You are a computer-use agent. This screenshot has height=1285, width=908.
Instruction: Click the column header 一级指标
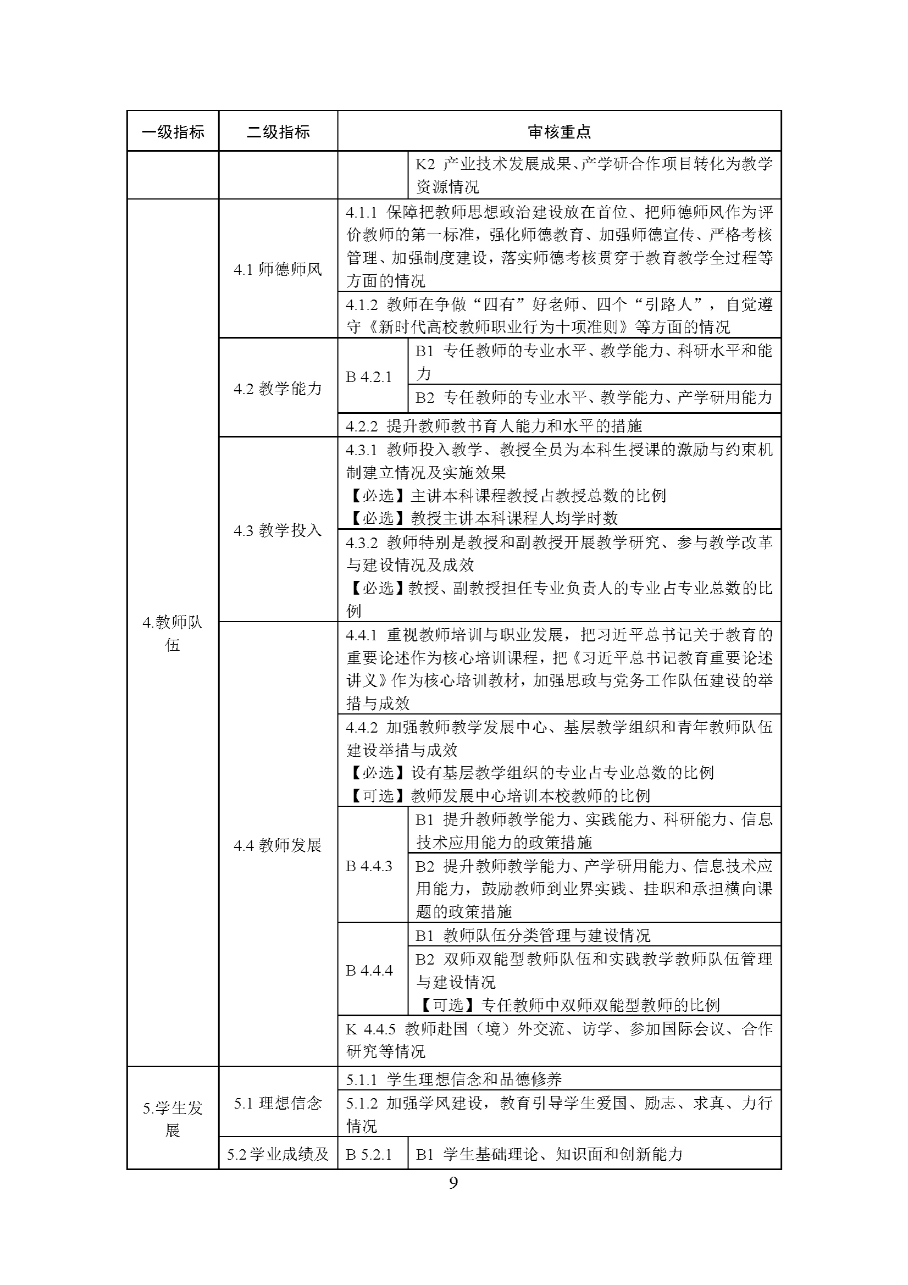pos(173,132)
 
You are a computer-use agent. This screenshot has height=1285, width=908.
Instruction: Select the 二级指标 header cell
pos(278,132)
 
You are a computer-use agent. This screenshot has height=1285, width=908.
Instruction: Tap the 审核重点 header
pos(559,132)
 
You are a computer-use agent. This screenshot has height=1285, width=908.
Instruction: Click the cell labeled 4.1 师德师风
pos(278,270)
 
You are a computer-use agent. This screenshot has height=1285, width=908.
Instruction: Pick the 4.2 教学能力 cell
pos(278,389)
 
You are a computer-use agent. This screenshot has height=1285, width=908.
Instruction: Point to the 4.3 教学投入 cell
pos(278,530)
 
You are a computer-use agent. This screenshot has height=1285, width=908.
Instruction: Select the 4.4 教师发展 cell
pos(278,845)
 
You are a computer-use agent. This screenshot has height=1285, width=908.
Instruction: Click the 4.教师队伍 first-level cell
pos(173,633)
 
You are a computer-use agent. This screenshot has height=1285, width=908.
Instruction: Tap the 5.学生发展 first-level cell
pos(173,1120)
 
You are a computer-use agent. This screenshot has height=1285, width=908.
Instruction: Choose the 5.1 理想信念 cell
pos(278,1103)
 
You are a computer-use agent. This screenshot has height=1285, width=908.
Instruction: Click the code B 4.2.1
pos(369,377)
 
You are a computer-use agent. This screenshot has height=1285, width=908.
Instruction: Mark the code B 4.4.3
pos(369,866)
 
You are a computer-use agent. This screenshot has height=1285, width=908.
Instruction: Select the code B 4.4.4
pos(369,971)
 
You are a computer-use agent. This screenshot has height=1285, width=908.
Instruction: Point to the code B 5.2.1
pos(369,1154)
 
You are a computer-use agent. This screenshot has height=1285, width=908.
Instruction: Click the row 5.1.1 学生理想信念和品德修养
pos(453,1079)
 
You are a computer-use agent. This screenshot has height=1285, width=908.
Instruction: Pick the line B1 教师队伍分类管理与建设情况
pos(533,936)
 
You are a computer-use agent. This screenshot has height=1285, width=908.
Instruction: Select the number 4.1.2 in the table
pos(362,305)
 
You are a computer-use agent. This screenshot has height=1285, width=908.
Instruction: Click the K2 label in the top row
pos(425,164)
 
